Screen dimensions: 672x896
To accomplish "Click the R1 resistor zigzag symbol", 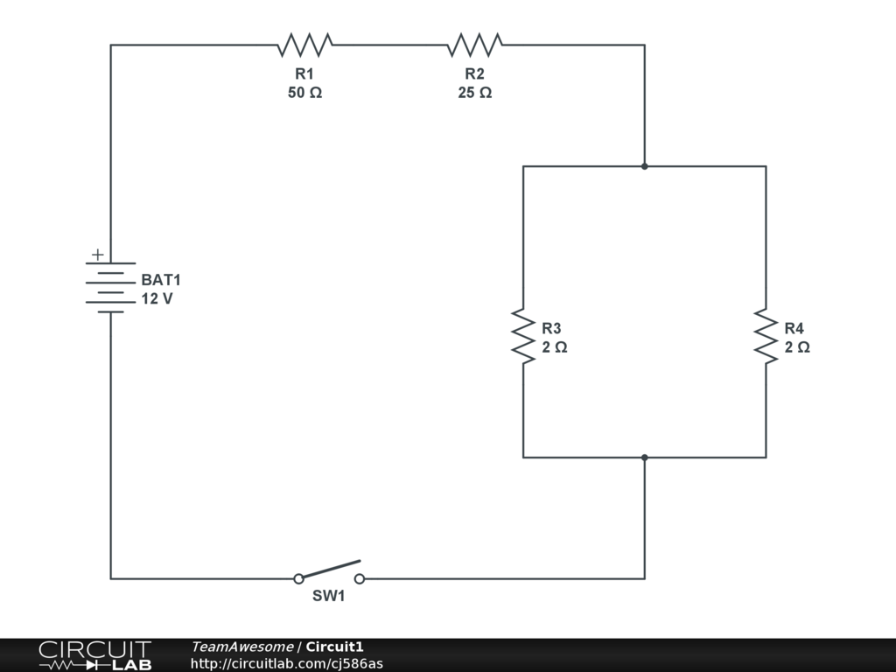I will coord(304,45).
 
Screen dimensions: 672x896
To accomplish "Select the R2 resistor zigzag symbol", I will coord(474,45).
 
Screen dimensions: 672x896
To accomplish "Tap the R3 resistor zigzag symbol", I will coord(523,335).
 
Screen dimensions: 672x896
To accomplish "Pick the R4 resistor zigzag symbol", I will coord(766,335).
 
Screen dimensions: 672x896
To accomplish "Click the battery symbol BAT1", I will coord(110,287).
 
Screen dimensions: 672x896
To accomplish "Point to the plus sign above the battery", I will coord(98,255).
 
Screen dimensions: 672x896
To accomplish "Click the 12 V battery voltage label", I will coord(157,299).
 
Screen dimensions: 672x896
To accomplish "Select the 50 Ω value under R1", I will coord(304,93).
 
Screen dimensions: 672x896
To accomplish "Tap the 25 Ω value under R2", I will coord(474,93).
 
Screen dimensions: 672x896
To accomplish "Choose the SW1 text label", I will coord(329,597).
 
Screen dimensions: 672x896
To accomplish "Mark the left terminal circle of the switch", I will coord(298,578).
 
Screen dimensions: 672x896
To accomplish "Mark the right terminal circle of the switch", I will coord(360,578).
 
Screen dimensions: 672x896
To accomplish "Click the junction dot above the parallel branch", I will coord(645,166).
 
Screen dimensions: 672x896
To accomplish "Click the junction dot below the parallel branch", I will coord(645,457).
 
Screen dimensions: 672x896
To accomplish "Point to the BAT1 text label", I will coord(161,281).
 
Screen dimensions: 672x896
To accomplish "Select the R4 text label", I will coord(794,328).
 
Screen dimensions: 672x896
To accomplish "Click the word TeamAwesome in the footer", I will coord(242,647).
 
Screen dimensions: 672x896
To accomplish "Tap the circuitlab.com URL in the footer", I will coord(286,663).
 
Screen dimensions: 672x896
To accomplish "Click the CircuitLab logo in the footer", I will coord(94,655).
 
